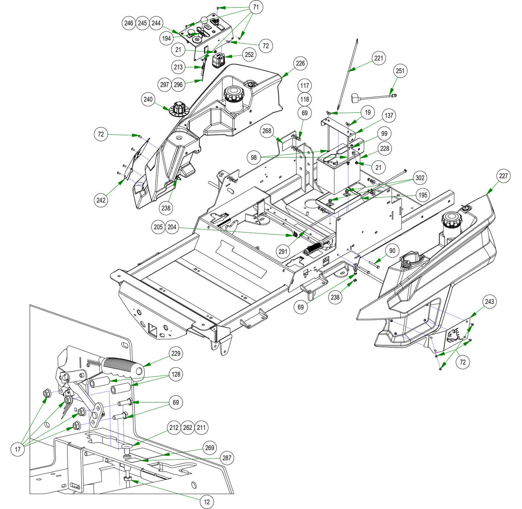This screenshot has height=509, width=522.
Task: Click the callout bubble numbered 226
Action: click(x=300, y=63)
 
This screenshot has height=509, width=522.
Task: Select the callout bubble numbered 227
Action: click(x=503, y=176)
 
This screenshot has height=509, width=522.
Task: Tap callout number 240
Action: click(x=148, y=99)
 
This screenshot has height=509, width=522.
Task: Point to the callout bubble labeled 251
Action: click(x=400, y=71)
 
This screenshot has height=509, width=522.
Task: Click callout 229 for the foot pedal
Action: click(x=176, y=353)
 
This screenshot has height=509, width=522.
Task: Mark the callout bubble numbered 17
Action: click(x=18, y=449)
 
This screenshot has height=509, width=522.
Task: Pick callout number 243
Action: click(x=490, y=301)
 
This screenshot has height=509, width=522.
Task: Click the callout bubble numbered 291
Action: click(x=283, y=251)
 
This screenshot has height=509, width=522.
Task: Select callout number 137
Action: click(x=389, y=115)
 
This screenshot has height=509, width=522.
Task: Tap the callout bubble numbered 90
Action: click(x=392, y=250)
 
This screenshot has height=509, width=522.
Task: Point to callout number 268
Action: click(x=267, y=131)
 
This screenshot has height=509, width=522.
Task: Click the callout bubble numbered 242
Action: click(x=101, y=200)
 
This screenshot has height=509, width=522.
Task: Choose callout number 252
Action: click(x=249, y=54)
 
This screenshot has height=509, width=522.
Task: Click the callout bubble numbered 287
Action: click(x=227, y=458)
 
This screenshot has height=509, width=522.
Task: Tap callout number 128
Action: click(x=176, y=374)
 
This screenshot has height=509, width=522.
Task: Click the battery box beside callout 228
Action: click(x=337, y=172)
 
